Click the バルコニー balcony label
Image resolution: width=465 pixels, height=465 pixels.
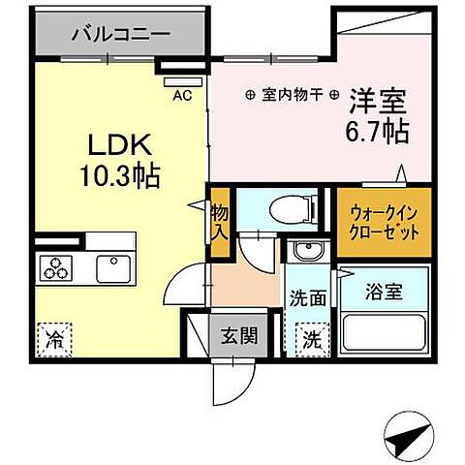coord(120,34)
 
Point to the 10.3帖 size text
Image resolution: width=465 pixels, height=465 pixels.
coord(120,177)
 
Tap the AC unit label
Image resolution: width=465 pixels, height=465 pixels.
coord(182,95)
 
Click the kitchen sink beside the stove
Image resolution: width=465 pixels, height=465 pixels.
coord(111,265)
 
